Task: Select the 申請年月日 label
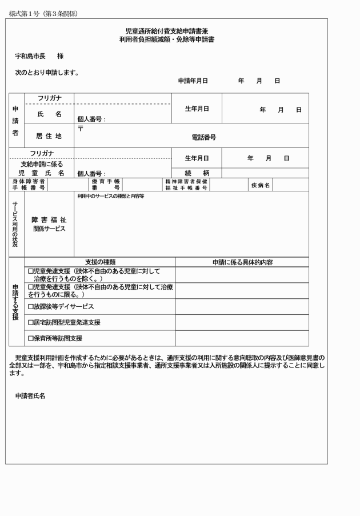pos(193,81)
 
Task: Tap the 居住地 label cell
pos(49,136)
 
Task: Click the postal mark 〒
pos(81,129)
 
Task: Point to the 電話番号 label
pos(203,138)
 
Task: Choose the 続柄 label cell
pos(197,173)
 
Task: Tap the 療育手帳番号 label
pos(106,185)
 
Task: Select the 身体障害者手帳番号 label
pos(29,185)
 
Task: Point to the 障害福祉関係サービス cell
pos(49,224)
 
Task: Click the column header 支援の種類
pos(100,262)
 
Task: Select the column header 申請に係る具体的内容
pos(242,262)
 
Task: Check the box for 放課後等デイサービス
pos(31,307)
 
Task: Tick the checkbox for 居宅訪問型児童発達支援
pos(31,323)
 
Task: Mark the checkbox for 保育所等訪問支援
pos(31,338)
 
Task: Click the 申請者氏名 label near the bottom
pos(30,395)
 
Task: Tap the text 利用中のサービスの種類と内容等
pos(111,196)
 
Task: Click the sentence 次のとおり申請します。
pos(47,73)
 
